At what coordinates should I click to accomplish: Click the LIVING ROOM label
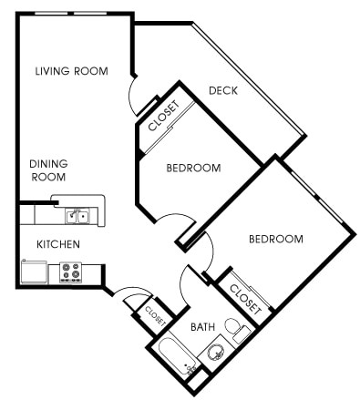coord(71,71)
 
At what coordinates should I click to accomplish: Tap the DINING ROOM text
coord(48,170)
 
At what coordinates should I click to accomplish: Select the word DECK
coord(223,90)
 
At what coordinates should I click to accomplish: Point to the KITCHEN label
coord(57,244)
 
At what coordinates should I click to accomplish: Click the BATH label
coord(202,326)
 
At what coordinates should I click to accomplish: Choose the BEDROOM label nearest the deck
coord(193,168)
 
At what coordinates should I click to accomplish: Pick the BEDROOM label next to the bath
coord(276,239)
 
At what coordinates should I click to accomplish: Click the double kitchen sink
coord(77,216)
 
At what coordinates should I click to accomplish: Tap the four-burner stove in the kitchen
coord(71,272)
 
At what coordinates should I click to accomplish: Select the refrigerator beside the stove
coord(35,272)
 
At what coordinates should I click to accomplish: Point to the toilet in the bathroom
coord(235,329)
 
